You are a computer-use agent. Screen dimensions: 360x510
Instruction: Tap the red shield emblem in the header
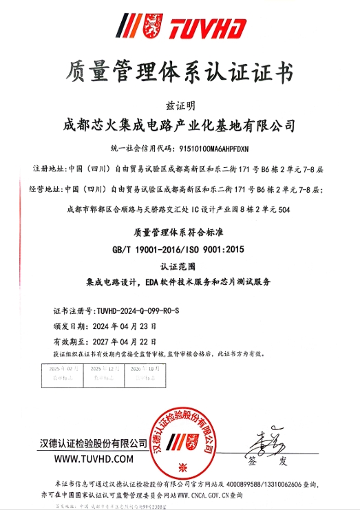(151, 26)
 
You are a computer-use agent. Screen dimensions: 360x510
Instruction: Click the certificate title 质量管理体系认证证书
(180, 72)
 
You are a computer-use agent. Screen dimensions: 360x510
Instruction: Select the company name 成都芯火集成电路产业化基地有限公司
(180, 126)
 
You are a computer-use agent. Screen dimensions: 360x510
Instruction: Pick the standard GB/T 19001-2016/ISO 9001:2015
(180, 248)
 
